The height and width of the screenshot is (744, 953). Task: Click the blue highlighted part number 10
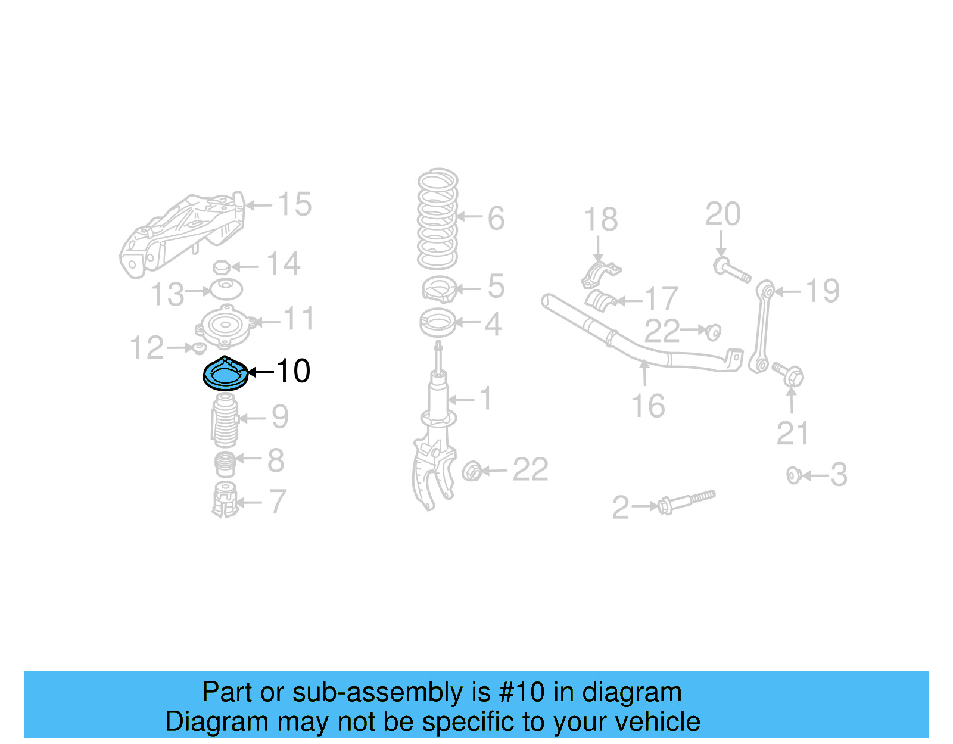pos(225,375)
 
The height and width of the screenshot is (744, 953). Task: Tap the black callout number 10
pos(293,371)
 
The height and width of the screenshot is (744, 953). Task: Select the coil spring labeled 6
pos(438,219)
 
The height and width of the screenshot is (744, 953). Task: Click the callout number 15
pos(294,204)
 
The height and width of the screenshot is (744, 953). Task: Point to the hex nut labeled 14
pos(222,267)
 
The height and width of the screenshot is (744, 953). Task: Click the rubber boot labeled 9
pos(225,421)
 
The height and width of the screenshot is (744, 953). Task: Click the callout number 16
pos(647,406)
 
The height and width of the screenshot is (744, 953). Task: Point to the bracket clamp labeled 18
pos(600,275)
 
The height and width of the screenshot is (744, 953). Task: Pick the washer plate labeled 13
pos(226,289)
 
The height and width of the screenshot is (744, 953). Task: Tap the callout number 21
pos(792,433)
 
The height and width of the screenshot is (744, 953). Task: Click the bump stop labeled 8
pos(225,464)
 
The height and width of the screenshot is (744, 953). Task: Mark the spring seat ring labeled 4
pos(438,323)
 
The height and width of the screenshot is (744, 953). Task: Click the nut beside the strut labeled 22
pos(472,471)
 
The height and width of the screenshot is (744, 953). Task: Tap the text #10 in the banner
pos(521,692)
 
